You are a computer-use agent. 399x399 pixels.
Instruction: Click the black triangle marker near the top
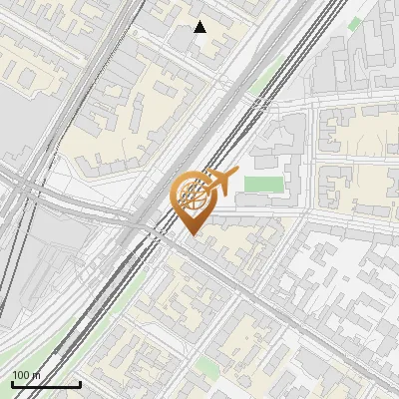click(200, 27)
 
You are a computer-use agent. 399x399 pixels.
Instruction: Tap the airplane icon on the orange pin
click(220, 181)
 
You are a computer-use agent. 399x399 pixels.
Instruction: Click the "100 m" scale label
click(27, 375)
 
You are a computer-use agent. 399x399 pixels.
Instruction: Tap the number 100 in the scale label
click(21, 375)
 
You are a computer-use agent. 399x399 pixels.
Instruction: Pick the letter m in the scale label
click(37, 375)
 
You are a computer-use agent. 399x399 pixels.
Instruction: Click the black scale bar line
click(46, 385)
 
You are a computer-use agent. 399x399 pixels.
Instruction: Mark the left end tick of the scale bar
click(12, 382)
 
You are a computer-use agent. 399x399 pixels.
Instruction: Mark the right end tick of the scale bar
click(80, 382)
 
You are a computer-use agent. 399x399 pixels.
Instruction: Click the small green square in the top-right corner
click(355, 23)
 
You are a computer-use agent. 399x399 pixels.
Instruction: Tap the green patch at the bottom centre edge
click(206, 366)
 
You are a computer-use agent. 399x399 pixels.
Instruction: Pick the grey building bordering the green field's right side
click(292, 180)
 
